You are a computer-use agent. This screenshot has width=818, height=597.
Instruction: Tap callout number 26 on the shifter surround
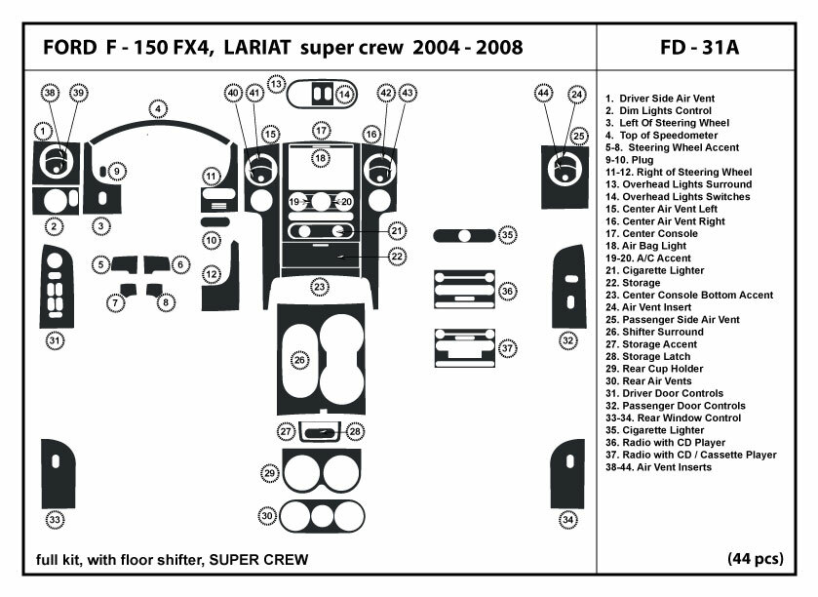point(299,360)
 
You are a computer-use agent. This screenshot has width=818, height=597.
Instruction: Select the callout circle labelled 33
point(56,520)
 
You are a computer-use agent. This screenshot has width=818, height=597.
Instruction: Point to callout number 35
point(508,235)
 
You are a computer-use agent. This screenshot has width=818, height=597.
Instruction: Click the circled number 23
point(319,287)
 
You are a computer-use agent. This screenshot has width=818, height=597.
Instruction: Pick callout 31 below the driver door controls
point(56,340)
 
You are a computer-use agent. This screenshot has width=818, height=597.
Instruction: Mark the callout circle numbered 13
point(277,85)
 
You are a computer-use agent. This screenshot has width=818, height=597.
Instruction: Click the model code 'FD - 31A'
point(700,48)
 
